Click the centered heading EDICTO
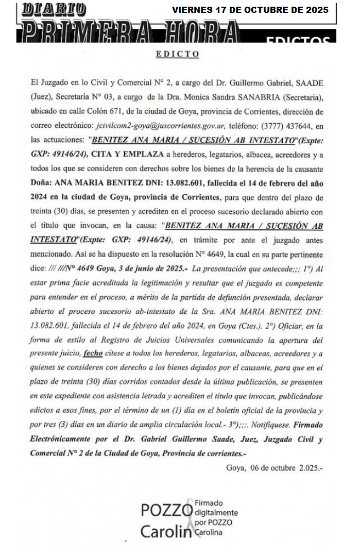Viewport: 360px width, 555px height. click(x=177, y=54)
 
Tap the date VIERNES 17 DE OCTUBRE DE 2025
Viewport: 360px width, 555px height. click(x=250, y=10)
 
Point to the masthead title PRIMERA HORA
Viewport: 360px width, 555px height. click(x=129, y=32)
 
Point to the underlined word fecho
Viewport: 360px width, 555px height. click(x=93, y=354)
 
